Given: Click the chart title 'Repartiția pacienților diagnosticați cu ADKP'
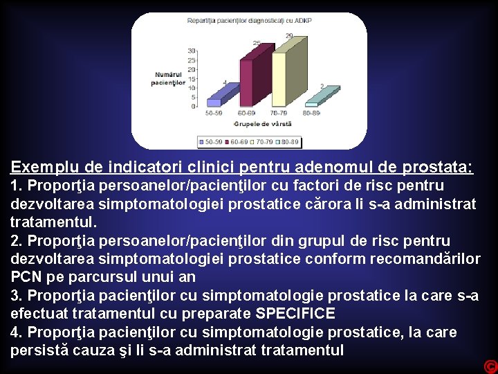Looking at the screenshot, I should click(249, 21).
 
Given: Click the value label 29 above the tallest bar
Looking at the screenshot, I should click(288, 35).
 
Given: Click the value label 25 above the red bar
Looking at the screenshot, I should click(257, 44).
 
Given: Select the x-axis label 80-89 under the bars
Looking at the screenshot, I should click(311, 112).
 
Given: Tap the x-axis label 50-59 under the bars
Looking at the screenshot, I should click(214, 112).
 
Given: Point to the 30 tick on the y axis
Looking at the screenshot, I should click(192, 51).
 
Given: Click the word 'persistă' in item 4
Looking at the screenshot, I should click(37, 350).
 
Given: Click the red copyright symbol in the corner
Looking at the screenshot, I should click(490, 366).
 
